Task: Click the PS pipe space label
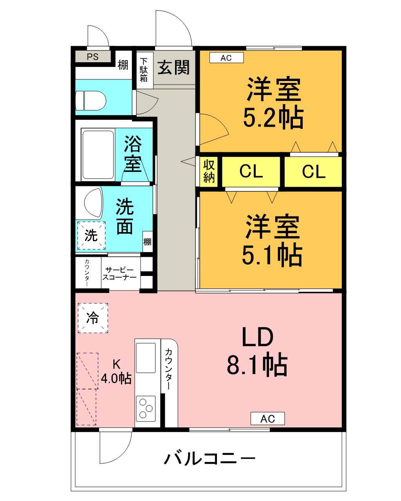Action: pos(92,57)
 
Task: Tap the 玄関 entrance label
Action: pos(173,68)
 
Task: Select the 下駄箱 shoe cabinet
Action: pos(145,70)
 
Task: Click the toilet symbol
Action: pos(91,101)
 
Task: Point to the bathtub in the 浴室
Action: pos(98,155)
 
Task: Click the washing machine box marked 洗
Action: pos(91,235)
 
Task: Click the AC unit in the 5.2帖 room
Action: pos(226,58)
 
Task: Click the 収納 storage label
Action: pos(209,171)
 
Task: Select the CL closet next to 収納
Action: pos(251,171)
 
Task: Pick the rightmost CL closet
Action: pos(313,171)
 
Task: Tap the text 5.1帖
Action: pos(272,254)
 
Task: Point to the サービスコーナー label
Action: pos(119,274)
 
